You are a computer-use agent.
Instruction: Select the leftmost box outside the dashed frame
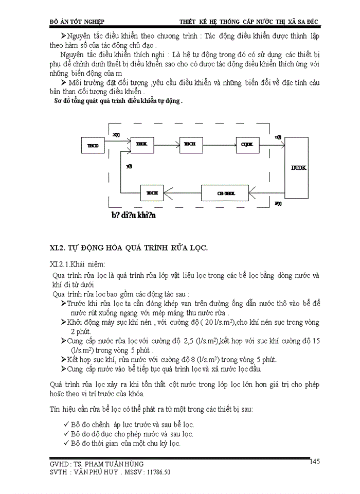tap(94, 146)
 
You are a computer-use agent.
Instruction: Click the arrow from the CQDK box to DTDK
tap(272, 145)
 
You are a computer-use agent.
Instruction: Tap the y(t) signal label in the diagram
tap(129, 167)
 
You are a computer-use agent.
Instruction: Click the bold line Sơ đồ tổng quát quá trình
tap(118, 101)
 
